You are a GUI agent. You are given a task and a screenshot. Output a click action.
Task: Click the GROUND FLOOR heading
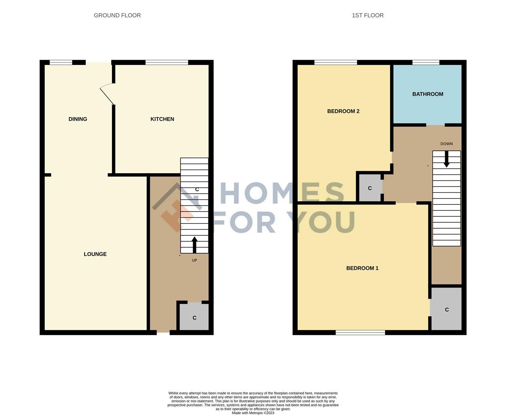117,15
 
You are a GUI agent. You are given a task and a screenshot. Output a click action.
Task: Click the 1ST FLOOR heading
368,15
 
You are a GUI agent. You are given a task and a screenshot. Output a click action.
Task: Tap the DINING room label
78,119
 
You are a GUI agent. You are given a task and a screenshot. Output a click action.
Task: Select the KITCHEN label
162,119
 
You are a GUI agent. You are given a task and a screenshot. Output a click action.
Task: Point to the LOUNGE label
95,254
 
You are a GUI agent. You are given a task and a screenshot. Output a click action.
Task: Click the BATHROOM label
428,94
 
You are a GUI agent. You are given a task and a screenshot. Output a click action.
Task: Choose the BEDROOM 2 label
343,111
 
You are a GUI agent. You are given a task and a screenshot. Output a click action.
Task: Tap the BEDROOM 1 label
362,268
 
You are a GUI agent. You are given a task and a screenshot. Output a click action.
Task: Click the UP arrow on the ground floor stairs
194,244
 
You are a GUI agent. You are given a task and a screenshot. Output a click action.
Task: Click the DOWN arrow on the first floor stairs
446,159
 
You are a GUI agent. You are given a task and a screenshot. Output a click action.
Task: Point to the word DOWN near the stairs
446,144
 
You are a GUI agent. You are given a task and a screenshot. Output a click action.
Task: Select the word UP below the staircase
194,260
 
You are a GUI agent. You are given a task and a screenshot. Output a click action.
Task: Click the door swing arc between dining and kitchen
106,94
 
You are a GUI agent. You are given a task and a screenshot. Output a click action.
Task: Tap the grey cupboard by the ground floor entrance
194,317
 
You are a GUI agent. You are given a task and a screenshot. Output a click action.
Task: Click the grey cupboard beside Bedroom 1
446,309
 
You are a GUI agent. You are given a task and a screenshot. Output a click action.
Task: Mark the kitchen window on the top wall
167,62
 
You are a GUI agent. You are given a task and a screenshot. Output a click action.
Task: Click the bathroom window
426,62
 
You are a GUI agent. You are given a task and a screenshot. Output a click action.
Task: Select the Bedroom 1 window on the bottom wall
360,333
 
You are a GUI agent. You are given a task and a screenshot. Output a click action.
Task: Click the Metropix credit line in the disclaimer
253,413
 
